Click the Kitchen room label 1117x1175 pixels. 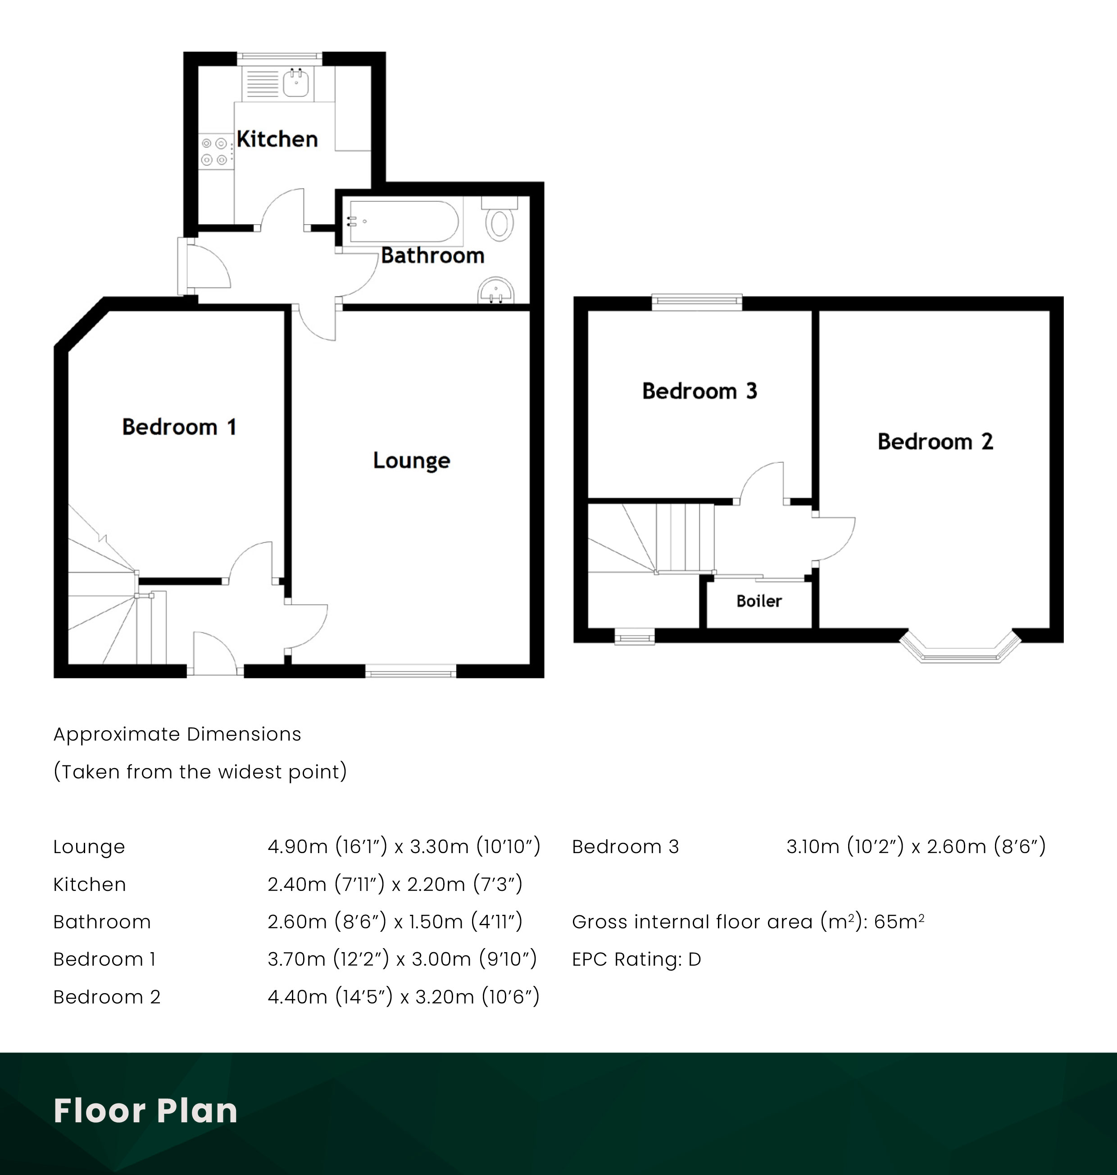click(277, 139)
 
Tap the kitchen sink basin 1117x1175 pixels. click(295, 83)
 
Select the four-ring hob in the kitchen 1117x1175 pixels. click(214, 151)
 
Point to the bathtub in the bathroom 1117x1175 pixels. click(404, 221)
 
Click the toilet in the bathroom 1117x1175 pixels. click(499, 222)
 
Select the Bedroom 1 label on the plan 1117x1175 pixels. click(179, 427)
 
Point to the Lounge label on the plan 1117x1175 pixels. click(411, 460)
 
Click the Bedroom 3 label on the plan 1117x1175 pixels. click(699, 391)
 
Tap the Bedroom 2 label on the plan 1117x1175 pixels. click(935, 442)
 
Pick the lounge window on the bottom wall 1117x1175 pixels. click(410, 673)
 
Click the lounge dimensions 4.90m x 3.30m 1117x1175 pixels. click(404, 846)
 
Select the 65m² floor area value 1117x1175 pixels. click(899, 922)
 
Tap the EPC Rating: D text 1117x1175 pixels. click(636, 959)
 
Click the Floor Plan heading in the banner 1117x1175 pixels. click(145, 1110)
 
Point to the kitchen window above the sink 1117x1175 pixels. click(280, 57)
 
